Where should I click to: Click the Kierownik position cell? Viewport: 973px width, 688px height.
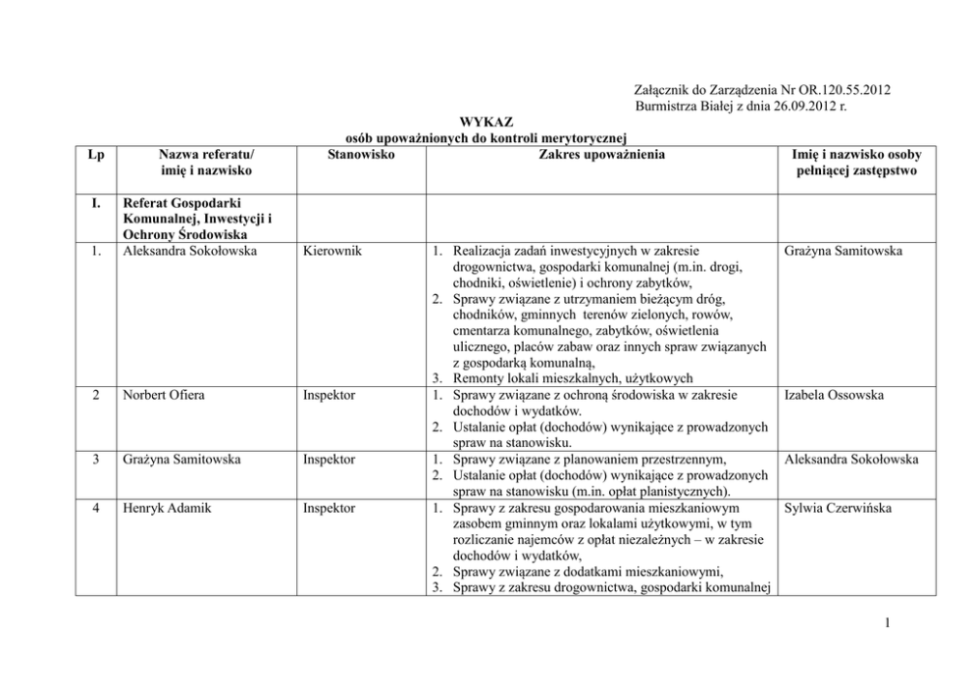point(331,252)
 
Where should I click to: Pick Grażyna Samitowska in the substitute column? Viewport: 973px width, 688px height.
point(843,252)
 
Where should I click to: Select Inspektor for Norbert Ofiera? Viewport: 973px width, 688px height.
point(329,395)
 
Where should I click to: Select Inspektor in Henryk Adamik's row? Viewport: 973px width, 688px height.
point(329,509)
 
